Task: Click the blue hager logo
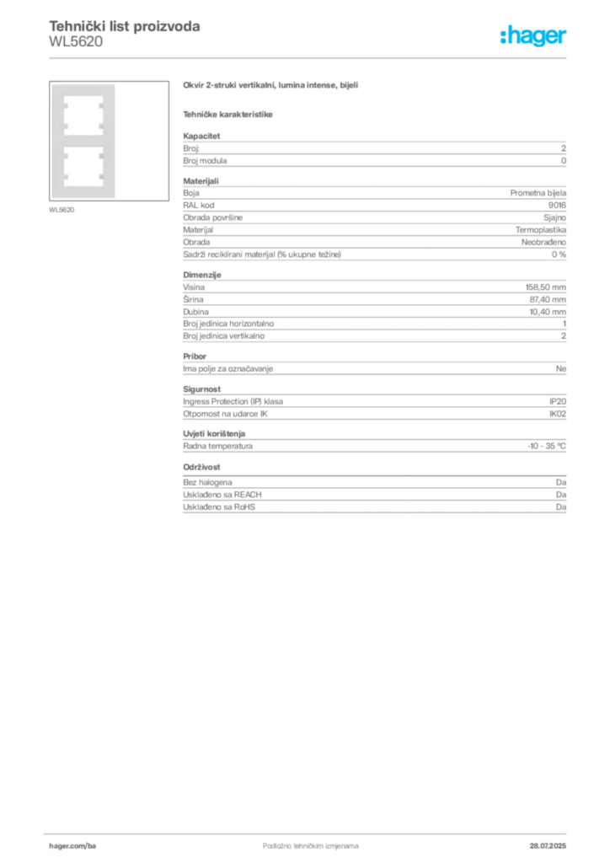[534, 37]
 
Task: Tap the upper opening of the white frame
[82, 114]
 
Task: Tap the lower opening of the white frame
[82, 165]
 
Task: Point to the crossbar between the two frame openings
[82, 139]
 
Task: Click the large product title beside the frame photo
[272, 85]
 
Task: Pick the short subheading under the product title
[229, 115]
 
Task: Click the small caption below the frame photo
[64, 211]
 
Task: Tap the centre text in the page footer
[299, 841]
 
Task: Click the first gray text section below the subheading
[373, 150]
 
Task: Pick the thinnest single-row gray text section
[373, 367]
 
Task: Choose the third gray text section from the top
[373, 308]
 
